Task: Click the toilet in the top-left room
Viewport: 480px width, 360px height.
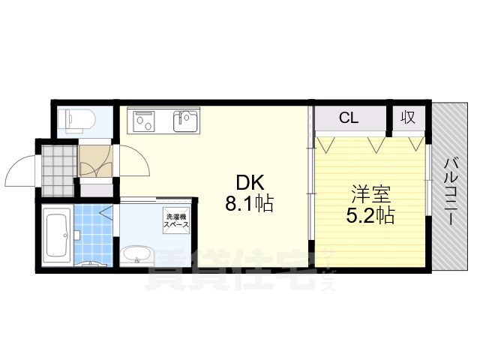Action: click(x=77, y=119)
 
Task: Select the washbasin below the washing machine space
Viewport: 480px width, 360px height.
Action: click(x=136, y=254)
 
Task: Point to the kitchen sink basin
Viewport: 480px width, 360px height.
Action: click(x=186, y=120)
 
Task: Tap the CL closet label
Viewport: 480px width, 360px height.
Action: click(x=349, y=118)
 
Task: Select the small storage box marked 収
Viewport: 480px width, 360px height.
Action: click(x=408, y=118)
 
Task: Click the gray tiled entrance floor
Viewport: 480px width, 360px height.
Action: click(x=58, y=160)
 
